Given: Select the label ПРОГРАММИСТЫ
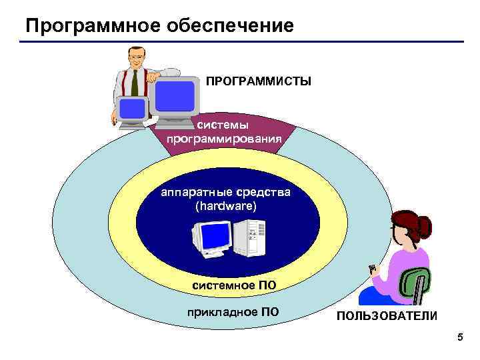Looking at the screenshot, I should tap(258, 81).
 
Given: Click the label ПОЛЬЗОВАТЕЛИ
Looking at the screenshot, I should tap(387, 315).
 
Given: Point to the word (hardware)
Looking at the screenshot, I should tap(225, 207).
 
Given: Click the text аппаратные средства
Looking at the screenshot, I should tap(225, 193).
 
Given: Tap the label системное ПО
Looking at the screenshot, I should tap(234, 286).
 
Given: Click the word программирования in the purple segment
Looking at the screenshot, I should tap(225, 139).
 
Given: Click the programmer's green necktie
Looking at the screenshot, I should tap(135, 83).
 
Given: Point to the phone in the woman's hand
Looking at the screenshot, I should tap(373, 270).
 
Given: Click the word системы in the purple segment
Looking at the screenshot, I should tap(226, 125).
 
